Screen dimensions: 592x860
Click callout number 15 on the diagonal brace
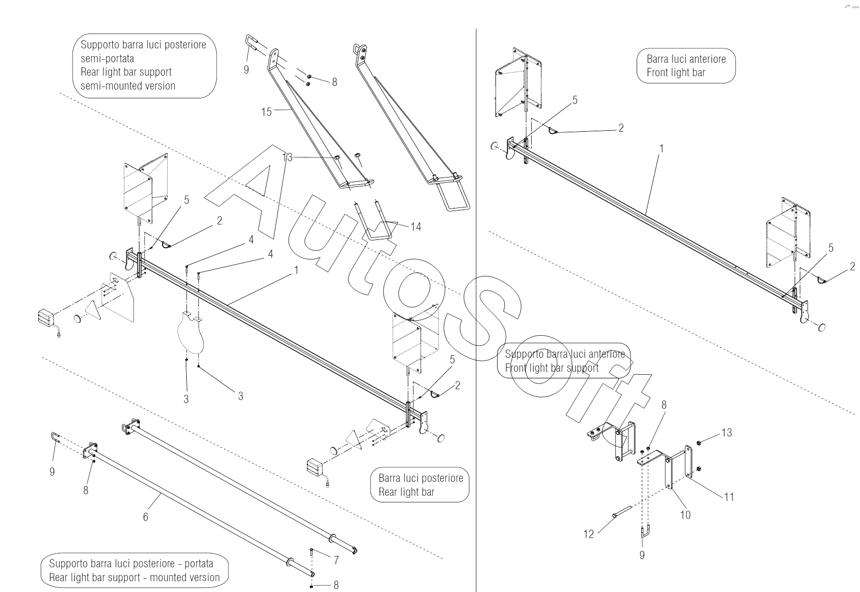tap(266, 112)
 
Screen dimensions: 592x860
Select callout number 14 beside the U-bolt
tap(415, 227)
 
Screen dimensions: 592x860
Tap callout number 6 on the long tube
tap(145, 517)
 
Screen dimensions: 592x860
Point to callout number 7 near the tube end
tap(336, 560)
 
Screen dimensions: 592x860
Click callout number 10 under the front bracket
tap(685, 514)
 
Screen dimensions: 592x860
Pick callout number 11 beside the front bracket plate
tap(729, 497)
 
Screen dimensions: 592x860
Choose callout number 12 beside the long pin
tap(588, 534)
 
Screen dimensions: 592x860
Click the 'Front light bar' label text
tap(675, 73)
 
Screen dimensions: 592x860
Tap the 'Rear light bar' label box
tap(420, 485)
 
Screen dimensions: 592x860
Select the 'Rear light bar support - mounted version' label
tap(134, 577)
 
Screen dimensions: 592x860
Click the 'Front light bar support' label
tap(551, 368)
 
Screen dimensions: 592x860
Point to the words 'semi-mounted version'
tap(128, 86)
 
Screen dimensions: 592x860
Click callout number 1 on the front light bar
tap(661, 149)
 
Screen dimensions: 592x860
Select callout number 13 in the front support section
tap(726, 433)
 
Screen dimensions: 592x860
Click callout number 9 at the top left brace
tap(246, 69)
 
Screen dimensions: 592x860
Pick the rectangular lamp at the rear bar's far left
tap(46, 318)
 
